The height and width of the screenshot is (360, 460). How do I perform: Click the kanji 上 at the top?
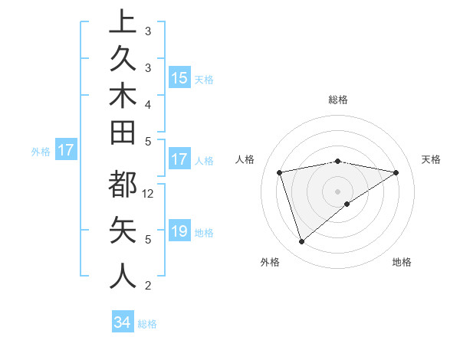tap(123, 21)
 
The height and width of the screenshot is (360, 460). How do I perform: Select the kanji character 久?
tap(123, 61)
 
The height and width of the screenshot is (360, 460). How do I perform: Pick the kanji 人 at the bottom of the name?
tap(123, 273)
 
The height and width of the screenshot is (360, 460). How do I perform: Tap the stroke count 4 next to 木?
tap(148, 103)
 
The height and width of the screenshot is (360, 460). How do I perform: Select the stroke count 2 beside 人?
tap(148, 286)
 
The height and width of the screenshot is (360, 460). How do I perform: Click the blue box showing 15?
tap(179, 78)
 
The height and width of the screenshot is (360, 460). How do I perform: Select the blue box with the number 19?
tap(179, 231)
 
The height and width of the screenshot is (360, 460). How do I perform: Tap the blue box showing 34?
tap(122, 322)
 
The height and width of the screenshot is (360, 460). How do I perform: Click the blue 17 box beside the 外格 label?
tap(66, 150)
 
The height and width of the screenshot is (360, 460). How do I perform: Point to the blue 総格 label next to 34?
tap(147, 324)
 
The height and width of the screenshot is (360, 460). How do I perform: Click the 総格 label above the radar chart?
tap(338, 100)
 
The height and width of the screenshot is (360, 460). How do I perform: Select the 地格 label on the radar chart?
tap(402, 263)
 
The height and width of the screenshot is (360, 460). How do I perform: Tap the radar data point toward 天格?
tap(396, 173)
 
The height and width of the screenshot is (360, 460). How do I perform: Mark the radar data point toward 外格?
tap(302, 242)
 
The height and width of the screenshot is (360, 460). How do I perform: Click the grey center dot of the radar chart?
tap(338, 191)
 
